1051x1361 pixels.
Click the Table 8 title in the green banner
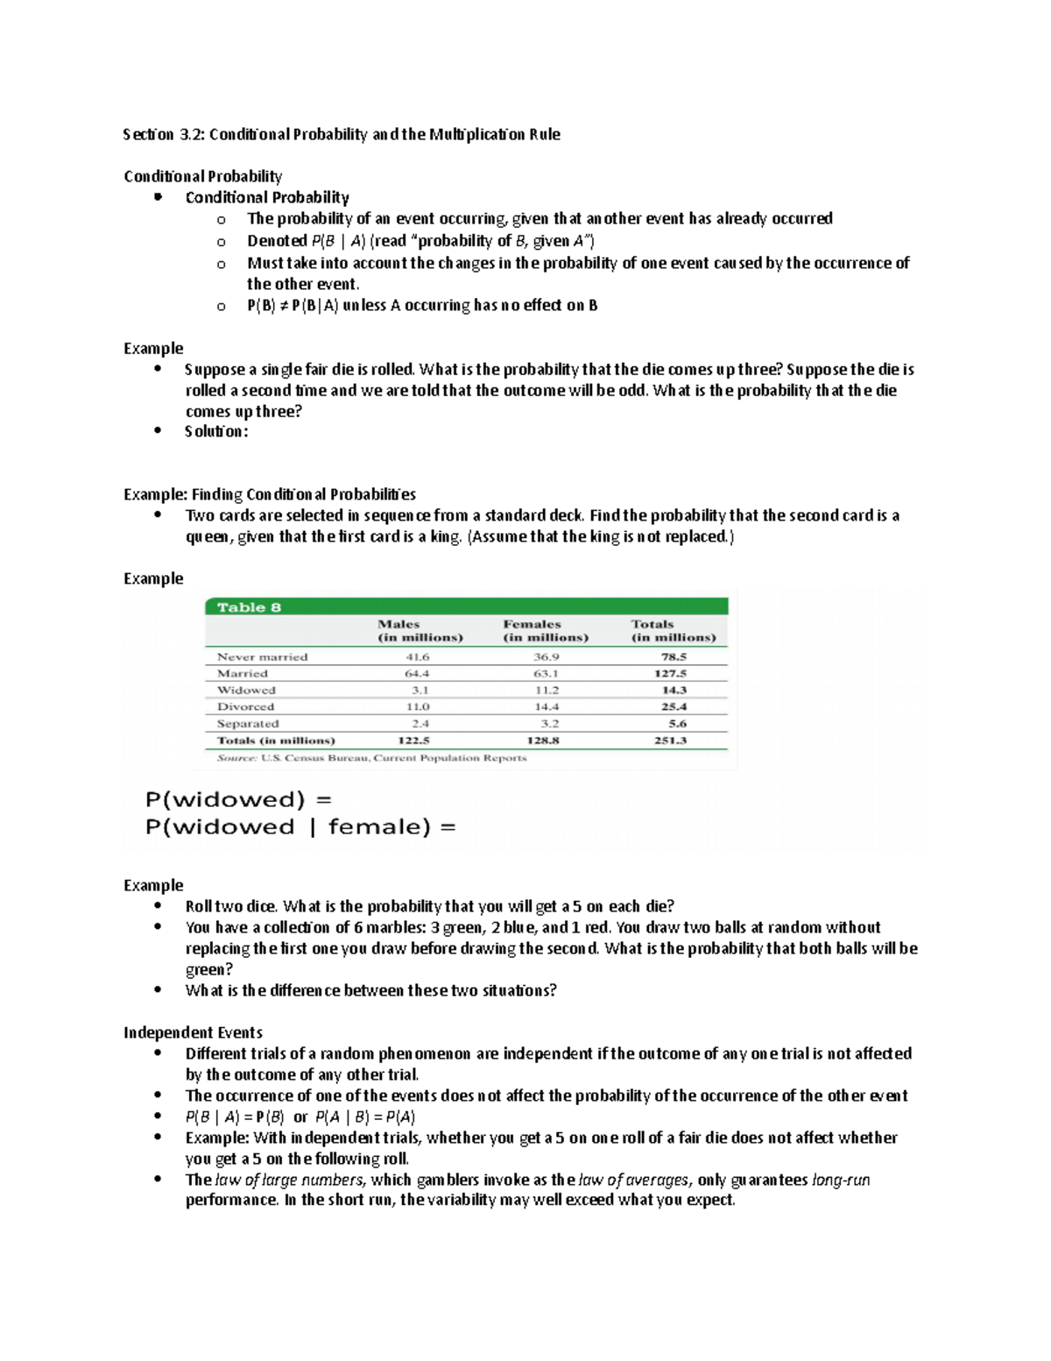pos(249,607)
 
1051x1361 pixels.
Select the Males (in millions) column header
pos(420,631)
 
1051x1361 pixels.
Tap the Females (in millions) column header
pos(545,631)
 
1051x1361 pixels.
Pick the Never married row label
pos(262,656)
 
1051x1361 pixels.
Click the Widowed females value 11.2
pos(546,690)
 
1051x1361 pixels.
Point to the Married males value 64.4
pos(417,673)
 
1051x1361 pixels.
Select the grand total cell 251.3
pos(670,741)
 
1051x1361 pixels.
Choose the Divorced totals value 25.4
pos(674,706)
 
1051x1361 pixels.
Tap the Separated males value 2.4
pos(420,724)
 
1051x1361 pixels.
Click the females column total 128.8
pos(543,741)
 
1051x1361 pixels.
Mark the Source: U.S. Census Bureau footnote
pos(371,758)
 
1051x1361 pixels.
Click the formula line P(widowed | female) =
pos(300,827)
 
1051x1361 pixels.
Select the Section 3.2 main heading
pos(342,134)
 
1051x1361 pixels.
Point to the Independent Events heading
pos(193,1032)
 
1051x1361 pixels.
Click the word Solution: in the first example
pos(216,431)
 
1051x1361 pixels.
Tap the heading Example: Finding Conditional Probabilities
pos(270,494)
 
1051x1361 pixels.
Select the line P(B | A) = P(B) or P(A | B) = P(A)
pos(300,1116)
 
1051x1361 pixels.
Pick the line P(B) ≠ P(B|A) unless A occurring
pos(421,305)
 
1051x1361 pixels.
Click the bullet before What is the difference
pos(158,989)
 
